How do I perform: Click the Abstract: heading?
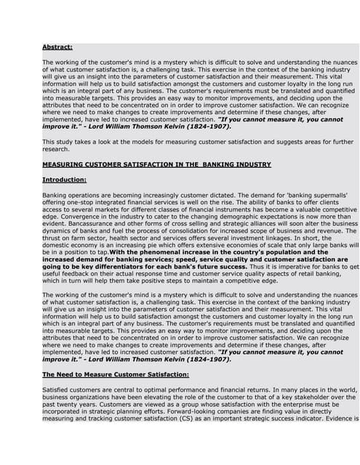pos(57,48)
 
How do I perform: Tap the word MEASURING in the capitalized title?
pos(68,165)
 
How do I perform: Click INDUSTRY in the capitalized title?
pos(251,165)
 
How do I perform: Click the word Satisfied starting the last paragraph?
pos(59,391)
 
